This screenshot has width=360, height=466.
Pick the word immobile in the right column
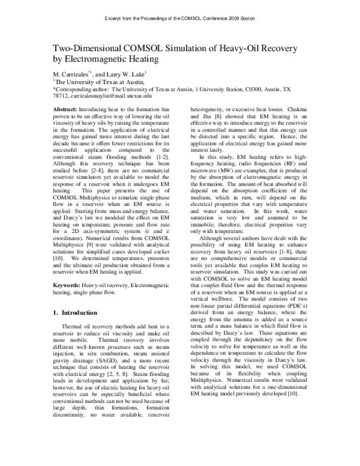(x=207, y=230)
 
